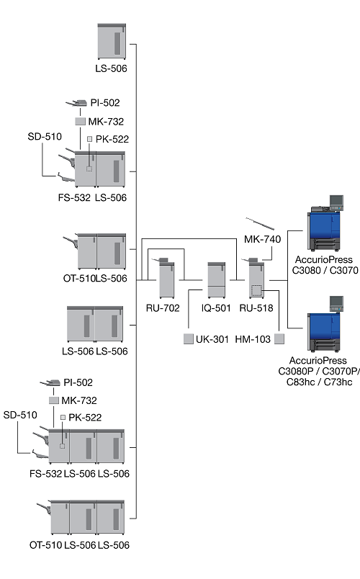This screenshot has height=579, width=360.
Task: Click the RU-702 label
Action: tap(163, 308)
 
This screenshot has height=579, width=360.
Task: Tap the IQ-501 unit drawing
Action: tap(217, 280)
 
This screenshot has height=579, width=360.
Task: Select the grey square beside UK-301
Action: tap(189, 338)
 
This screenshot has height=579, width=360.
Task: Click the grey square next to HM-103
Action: tap(279, 338)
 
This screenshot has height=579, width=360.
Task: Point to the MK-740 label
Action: tap(263, 239)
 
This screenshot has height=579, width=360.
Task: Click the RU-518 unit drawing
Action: tap(256, 278)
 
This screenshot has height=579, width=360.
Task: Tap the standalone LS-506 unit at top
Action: tap(112, 41)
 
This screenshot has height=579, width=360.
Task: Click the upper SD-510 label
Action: tap(45, 137)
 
